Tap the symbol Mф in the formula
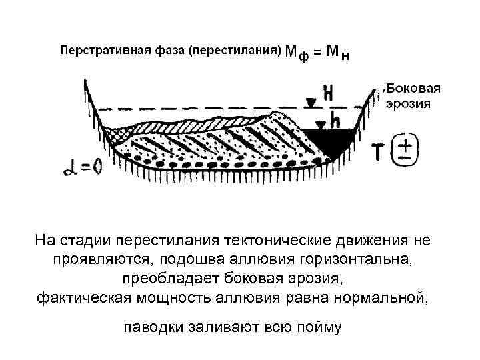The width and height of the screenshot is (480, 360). tap(297, 52)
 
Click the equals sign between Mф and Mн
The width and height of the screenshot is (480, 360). tap(319, 51)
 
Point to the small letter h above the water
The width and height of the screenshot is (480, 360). tap(335, 120)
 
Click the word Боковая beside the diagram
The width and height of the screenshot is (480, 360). tap(414, 89)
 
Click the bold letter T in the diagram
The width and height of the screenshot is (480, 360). tap(377, 152)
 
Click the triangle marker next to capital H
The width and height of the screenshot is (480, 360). tap(311, 102)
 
